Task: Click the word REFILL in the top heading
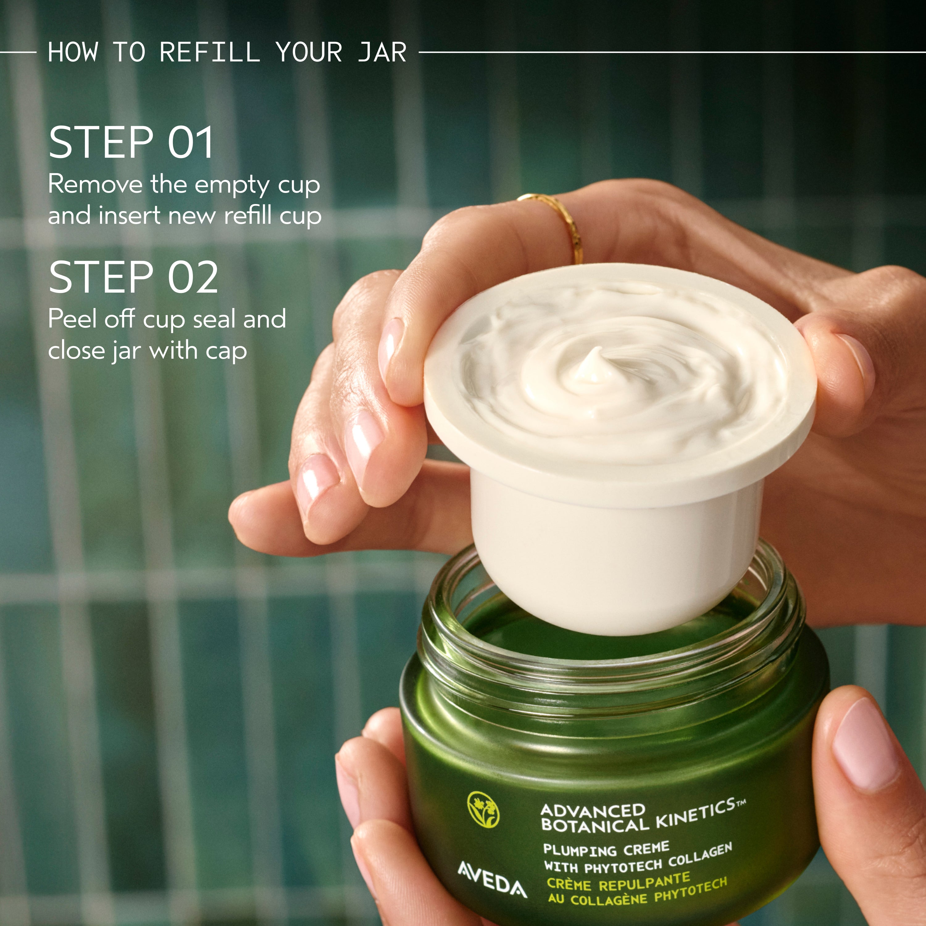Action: coord(210,52)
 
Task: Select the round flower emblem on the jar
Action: coord(483,810)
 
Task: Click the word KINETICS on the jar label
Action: coord(695,815)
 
